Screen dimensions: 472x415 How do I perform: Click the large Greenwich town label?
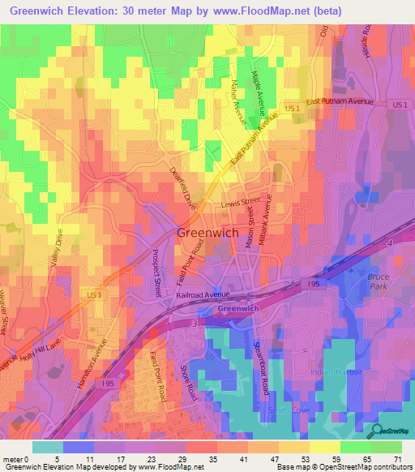[x=207, y=233]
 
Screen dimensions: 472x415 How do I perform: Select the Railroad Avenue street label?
[x=203, y=295]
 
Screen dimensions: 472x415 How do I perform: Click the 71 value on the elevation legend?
[x=396, y=459]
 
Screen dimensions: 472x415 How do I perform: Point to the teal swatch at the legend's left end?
[x=48, y=447]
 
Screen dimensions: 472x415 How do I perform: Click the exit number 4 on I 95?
[x=389, y=244]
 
